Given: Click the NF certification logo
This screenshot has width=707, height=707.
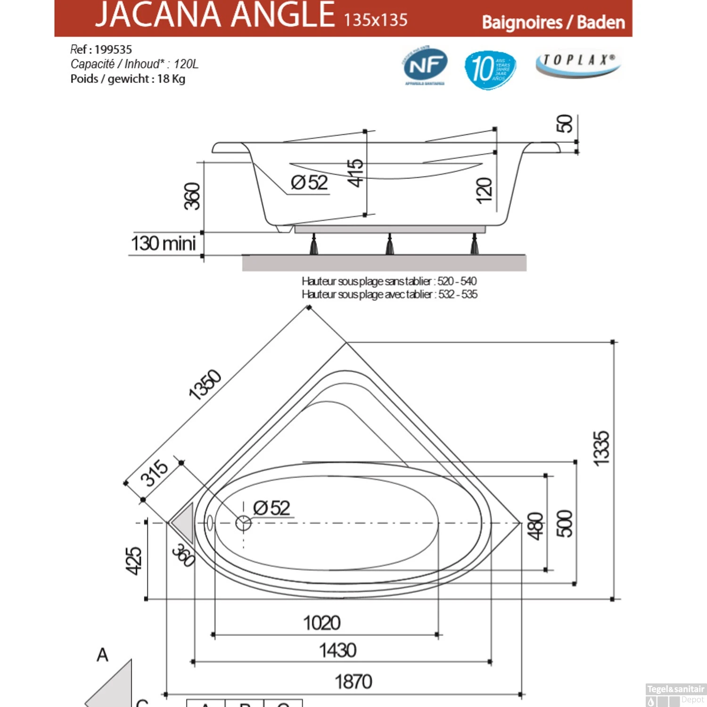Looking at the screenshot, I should click(425, 66).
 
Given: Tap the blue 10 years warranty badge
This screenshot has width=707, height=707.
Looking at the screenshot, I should click(490, 69).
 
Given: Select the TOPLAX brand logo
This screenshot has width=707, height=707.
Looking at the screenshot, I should click(578, 63).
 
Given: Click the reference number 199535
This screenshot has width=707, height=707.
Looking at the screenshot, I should click(113, 49).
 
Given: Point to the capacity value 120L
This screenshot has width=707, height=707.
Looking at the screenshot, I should click(186, 64).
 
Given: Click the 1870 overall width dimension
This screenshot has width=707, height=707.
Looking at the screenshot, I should click(353, 682).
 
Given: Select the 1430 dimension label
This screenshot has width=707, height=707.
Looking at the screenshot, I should click(337, 650).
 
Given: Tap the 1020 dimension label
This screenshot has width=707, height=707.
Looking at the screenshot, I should click(321, 623).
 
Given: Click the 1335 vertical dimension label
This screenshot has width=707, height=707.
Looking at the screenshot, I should click(601, 449).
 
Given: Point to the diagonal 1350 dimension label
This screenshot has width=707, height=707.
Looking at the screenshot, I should click(205, 385).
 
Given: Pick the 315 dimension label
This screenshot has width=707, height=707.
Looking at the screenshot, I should click(154, 473).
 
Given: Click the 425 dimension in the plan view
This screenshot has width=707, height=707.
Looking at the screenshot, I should click(134, 561).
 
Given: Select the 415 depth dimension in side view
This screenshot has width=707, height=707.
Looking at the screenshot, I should click(355, 173).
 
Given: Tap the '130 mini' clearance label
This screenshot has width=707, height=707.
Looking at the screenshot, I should click(163, 244).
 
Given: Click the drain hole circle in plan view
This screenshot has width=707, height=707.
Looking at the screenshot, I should click(243, 523).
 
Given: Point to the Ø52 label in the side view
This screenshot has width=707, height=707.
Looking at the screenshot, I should click(309, 182).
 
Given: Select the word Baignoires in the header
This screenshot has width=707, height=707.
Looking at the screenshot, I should click(522, 23).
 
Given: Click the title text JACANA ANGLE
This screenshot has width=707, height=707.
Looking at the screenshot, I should click(215, 15).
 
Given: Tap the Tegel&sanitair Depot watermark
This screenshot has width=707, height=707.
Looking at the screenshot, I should click(675, 694).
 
